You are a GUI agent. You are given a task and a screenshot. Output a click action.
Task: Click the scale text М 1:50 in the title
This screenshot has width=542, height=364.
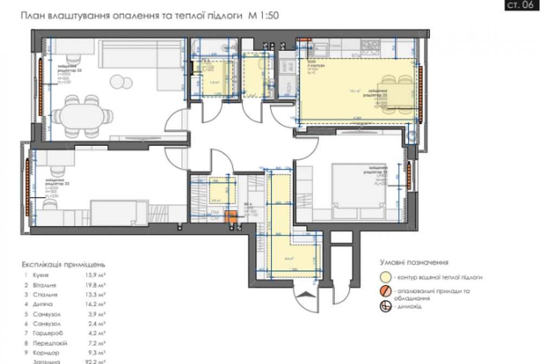pyautogui.click(x=263, y=16)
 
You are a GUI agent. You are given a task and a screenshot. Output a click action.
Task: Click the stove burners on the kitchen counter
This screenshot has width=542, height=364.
pyautogui.click(x=370, y=45)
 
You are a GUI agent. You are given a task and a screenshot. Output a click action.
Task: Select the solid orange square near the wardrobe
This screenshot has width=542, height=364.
pyautogui.click(x=231, y=216)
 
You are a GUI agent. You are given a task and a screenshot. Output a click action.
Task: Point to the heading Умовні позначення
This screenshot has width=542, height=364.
pyautogui.click(x=414, y=262)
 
